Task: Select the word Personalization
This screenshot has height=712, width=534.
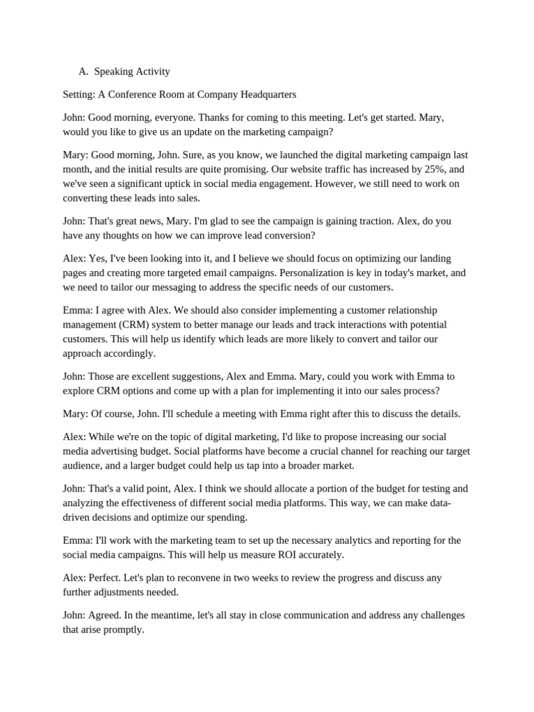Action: pyautogui.click(x=279, y=273)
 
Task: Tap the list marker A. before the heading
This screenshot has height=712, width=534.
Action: pyautogui.click(x=83, y=72)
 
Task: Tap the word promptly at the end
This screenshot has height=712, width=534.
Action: pyautogui.click(x=123, y=630)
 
